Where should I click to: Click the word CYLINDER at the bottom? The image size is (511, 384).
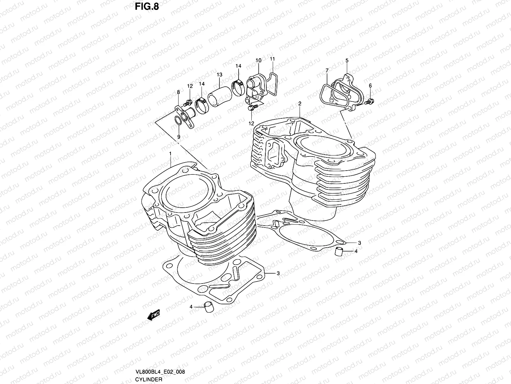pos(148,380)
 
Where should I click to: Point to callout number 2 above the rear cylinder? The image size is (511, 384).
pos(300,104)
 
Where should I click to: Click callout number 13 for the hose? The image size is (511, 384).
pos(219,75)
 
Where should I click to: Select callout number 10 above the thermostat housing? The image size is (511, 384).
pos(258,60)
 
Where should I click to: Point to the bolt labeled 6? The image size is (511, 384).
pos(370,102)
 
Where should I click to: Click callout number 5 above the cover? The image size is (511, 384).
pos(347,60)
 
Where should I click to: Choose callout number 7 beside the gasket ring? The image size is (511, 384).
pos(327,70)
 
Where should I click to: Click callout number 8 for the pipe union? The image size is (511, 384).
pos(178,92)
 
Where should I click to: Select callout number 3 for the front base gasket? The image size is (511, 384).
pos(278,273)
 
